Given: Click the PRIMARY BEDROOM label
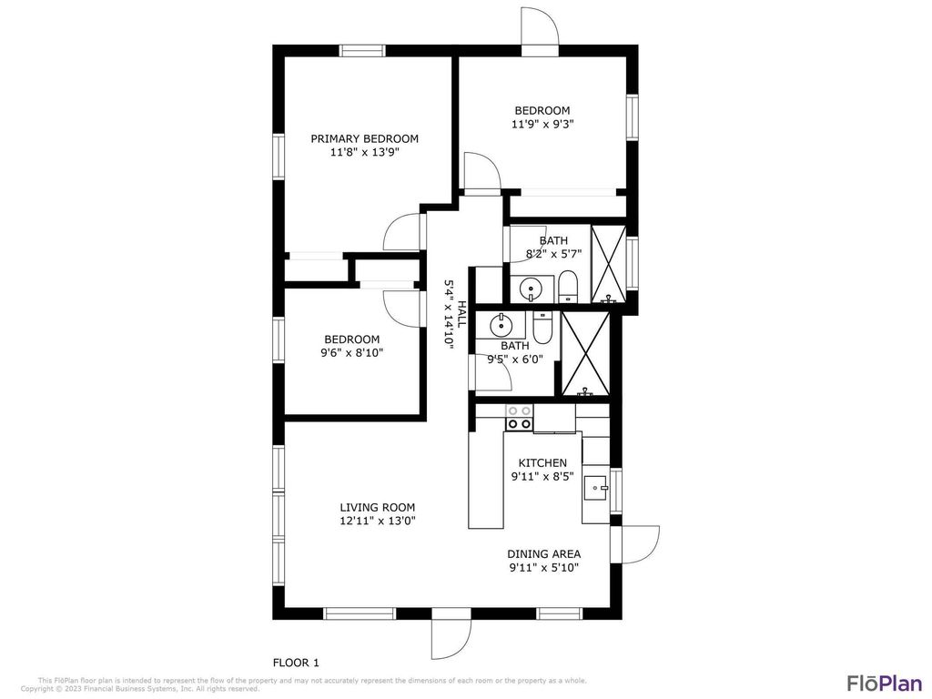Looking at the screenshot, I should tap(364, 138).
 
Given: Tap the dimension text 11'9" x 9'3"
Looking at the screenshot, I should tap(542, 124).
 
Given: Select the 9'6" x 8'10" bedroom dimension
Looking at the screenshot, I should tap(352, 352).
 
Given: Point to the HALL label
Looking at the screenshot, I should tap(461, 314).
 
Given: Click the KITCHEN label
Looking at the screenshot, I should tap(542, 462).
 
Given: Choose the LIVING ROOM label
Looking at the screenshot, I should tap(377, 507).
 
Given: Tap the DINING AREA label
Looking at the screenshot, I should tap(543, 553).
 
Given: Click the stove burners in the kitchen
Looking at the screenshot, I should tap(519, 418).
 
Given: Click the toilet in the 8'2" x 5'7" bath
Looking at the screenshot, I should tap(567, 287).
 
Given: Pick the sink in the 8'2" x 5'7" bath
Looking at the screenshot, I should tap(530, 289).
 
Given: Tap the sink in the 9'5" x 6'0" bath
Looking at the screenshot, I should tap(501, 323).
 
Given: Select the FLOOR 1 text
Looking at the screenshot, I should tap(296, 663).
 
